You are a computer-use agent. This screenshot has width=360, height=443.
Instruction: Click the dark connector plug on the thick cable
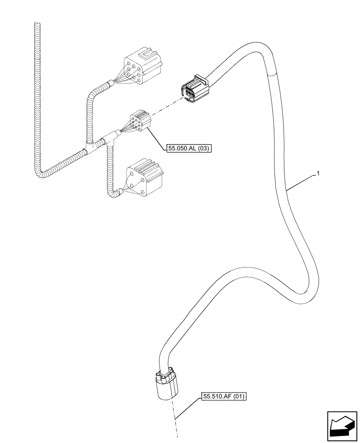193,90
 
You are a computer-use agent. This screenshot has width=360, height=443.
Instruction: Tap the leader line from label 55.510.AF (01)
188,408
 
